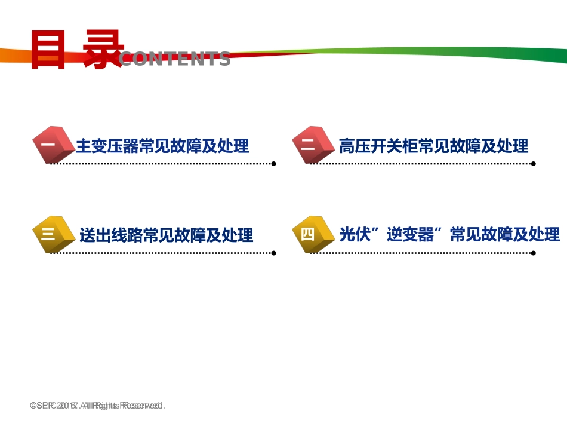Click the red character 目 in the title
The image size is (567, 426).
(x=48, y=50)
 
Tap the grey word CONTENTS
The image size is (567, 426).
(x=174, y=59)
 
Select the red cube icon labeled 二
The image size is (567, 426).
(x=312, y=145)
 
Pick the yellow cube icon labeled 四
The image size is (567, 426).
(x=311, y=234)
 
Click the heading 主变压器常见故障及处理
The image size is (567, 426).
(x=162, y=146)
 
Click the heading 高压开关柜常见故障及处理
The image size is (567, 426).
(x=433, y=146)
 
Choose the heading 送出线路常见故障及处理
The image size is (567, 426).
(x=166, y=235)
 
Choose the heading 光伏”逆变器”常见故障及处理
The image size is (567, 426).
(x=449, y=234)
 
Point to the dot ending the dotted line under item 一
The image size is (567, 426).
(x=273, y=163)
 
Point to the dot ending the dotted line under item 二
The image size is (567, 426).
(x=534, y=163)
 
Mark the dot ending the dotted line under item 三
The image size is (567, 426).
(x=273, y=253)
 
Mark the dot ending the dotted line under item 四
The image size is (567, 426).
(x=534, y=253)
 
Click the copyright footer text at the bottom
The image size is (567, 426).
(x=97, y=406)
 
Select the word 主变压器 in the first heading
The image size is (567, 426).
(x=107, y=146)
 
